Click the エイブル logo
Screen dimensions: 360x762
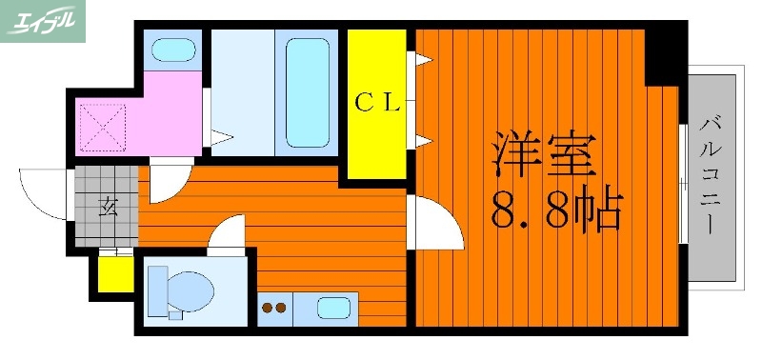click(43, 21)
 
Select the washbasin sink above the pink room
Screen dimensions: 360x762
click(173, 49)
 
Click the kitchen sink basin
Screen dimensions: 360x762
click(333, 309)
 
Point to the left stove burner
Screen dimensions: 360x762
click(268, 309)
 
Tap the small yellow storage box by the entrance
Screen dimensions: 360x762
click(116, 274)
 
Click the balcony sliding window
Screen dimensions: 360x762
click(684, 181)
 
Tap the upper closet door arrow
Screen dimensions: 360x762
click(421, 60)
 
